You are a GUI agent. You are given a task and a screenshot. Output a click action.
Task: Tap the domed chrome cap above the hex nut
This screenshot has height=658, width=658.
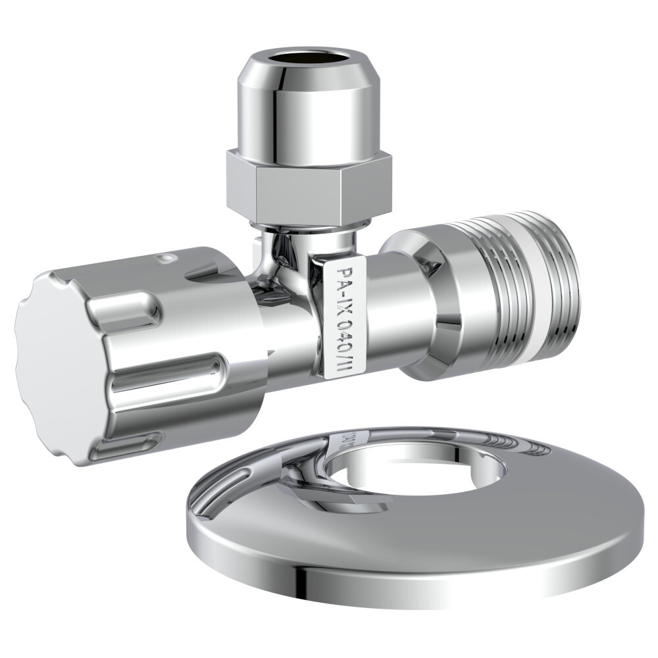[309, 112]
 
